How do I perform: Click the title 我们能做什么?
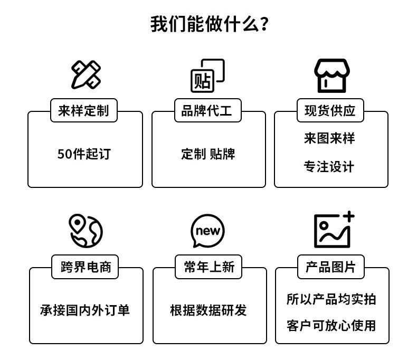(210, 24)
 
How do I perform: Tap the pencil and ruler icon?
(86, 75)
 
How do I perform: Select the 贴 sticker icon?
(207, 75)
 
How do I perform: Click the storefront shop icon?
(331, 76)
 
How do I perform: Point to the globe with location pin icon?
(86, 231)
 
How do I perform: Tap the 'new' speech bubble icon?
(207, 231)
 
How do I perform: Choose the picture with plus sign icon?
(334, 230)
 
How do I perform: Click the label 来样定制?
(84, 111)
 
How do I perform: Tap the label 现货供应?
(330, 111)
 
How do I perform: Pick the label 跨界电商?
(86, 267)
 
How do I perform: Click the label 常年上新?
(209, 267)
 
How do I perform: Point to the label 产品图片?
(330, 267)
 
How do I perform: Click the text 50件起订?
(84, 154)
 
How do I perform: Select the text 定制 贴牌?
(208, 154)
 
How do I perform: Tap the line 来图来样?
(329, 138)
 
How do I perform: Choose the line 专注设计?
(329, 167)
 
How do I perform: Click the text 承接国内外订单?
(85, 310)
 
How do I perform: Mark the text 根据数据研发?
(209, 310)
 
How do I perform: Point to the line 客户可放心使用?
(331, 326)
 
